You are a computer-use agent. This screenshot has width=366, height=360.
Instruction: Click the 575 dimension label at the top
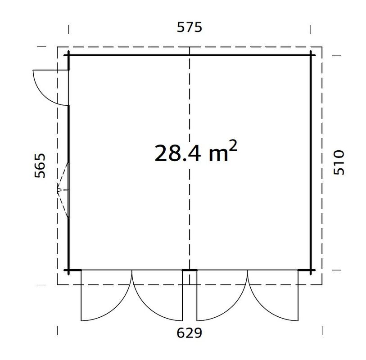tap(190, 27)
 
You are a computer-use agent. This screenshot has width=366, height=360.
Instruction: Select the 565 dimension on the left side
tap(40, 166)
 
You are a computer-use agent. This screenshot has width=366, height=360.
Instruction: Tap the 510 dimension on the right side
tap(338, 162)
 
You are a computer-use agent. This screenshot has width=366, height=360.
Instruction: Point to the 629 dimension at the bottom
tap(189, 333)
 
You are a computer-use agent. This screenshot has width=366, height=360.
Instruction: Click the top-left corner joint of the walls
tap(68, 55)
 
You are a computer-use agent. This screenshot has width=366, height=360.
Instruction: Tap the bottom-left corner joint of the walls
tap(68, 270)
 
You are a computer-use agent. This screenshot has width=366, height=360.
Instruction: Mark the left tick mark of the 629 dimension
tap(58, 331)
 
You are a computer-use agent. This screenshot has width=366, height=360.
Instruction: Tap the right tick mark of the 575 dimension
tap(311, 29)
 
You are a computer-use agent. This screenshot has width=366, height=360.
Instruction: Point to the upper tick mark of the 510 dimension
tap(335, 55)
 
